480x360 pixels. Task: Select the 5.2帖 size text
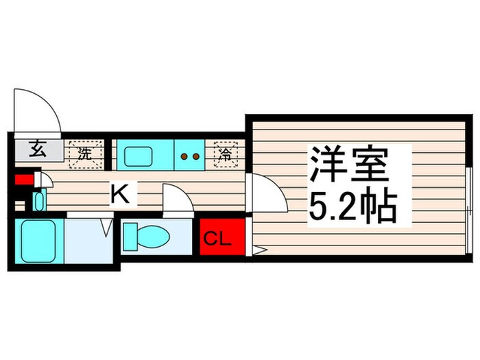(x=353, y=206)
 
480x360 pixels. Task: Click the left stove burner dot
(x=184, y=156)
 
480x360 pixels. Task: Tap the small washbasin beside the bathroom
(x=38, y=201)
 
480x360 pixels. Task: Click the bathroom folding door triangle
(x=106, y=227)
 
